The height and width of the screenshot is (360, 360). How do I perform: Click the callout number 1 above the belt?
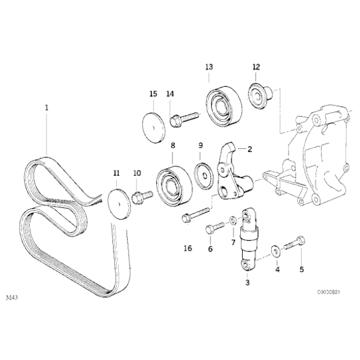coord(46,107)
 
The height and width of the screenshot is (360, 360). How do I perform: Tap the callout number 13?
coord(209,66)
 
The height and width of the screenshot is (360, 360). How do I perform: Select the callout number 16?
coord(188,248)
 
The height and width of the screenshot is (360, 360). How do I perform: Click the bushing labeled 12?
coord(257,95)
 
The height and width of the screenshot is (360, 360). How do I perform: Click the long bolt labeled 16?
coord(196,214)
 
